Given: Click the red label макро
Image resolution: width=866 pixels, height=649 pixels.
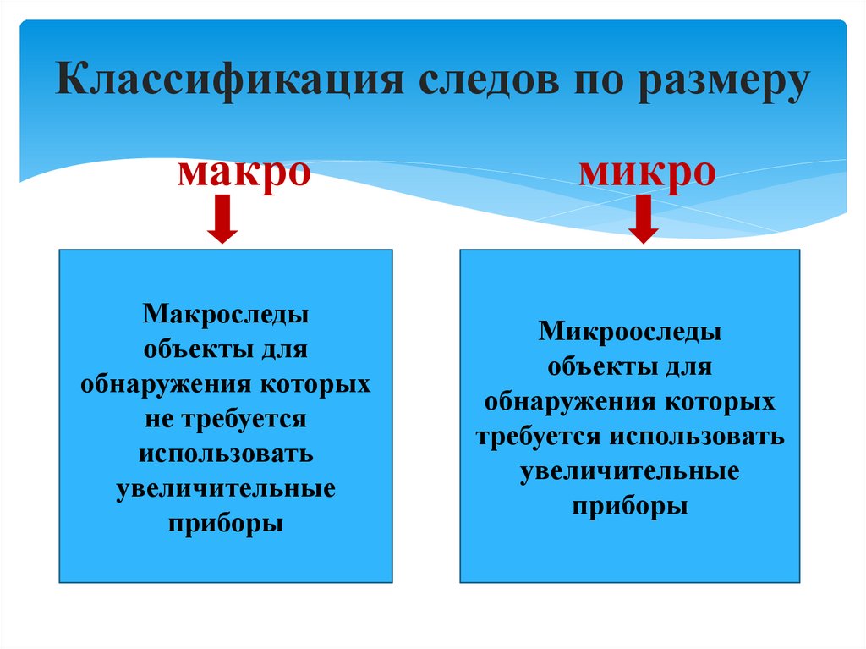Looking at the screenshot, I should (x=244, y=173).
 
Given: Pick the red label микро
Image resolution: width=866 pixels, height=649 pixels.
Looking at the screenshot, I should (x=648, y=173).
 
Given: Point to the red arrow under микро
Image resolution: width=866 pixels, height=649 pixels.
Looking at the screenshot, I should (x=644, y=219).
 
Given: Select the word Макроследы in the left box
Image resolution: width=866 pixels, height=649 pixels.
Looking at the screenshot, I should (x=226, y=316).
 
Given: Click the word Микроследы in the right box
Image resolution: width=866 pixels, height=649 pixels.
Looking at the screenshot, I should (x=630, y=332).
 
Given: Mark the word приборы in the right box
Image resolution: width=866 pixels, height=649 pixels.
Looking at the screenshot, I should (x=630, y=505).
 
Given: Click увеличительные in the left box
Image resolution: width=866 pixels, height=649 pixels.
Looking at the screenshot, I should (x=226, y=488).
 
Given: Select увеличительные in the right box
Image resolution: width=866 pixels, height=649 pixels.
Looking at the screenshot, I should (x=630, y=470).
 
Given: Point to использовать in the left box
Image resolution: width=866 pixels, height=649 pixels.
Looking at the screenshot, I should (x=226, y=453).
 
